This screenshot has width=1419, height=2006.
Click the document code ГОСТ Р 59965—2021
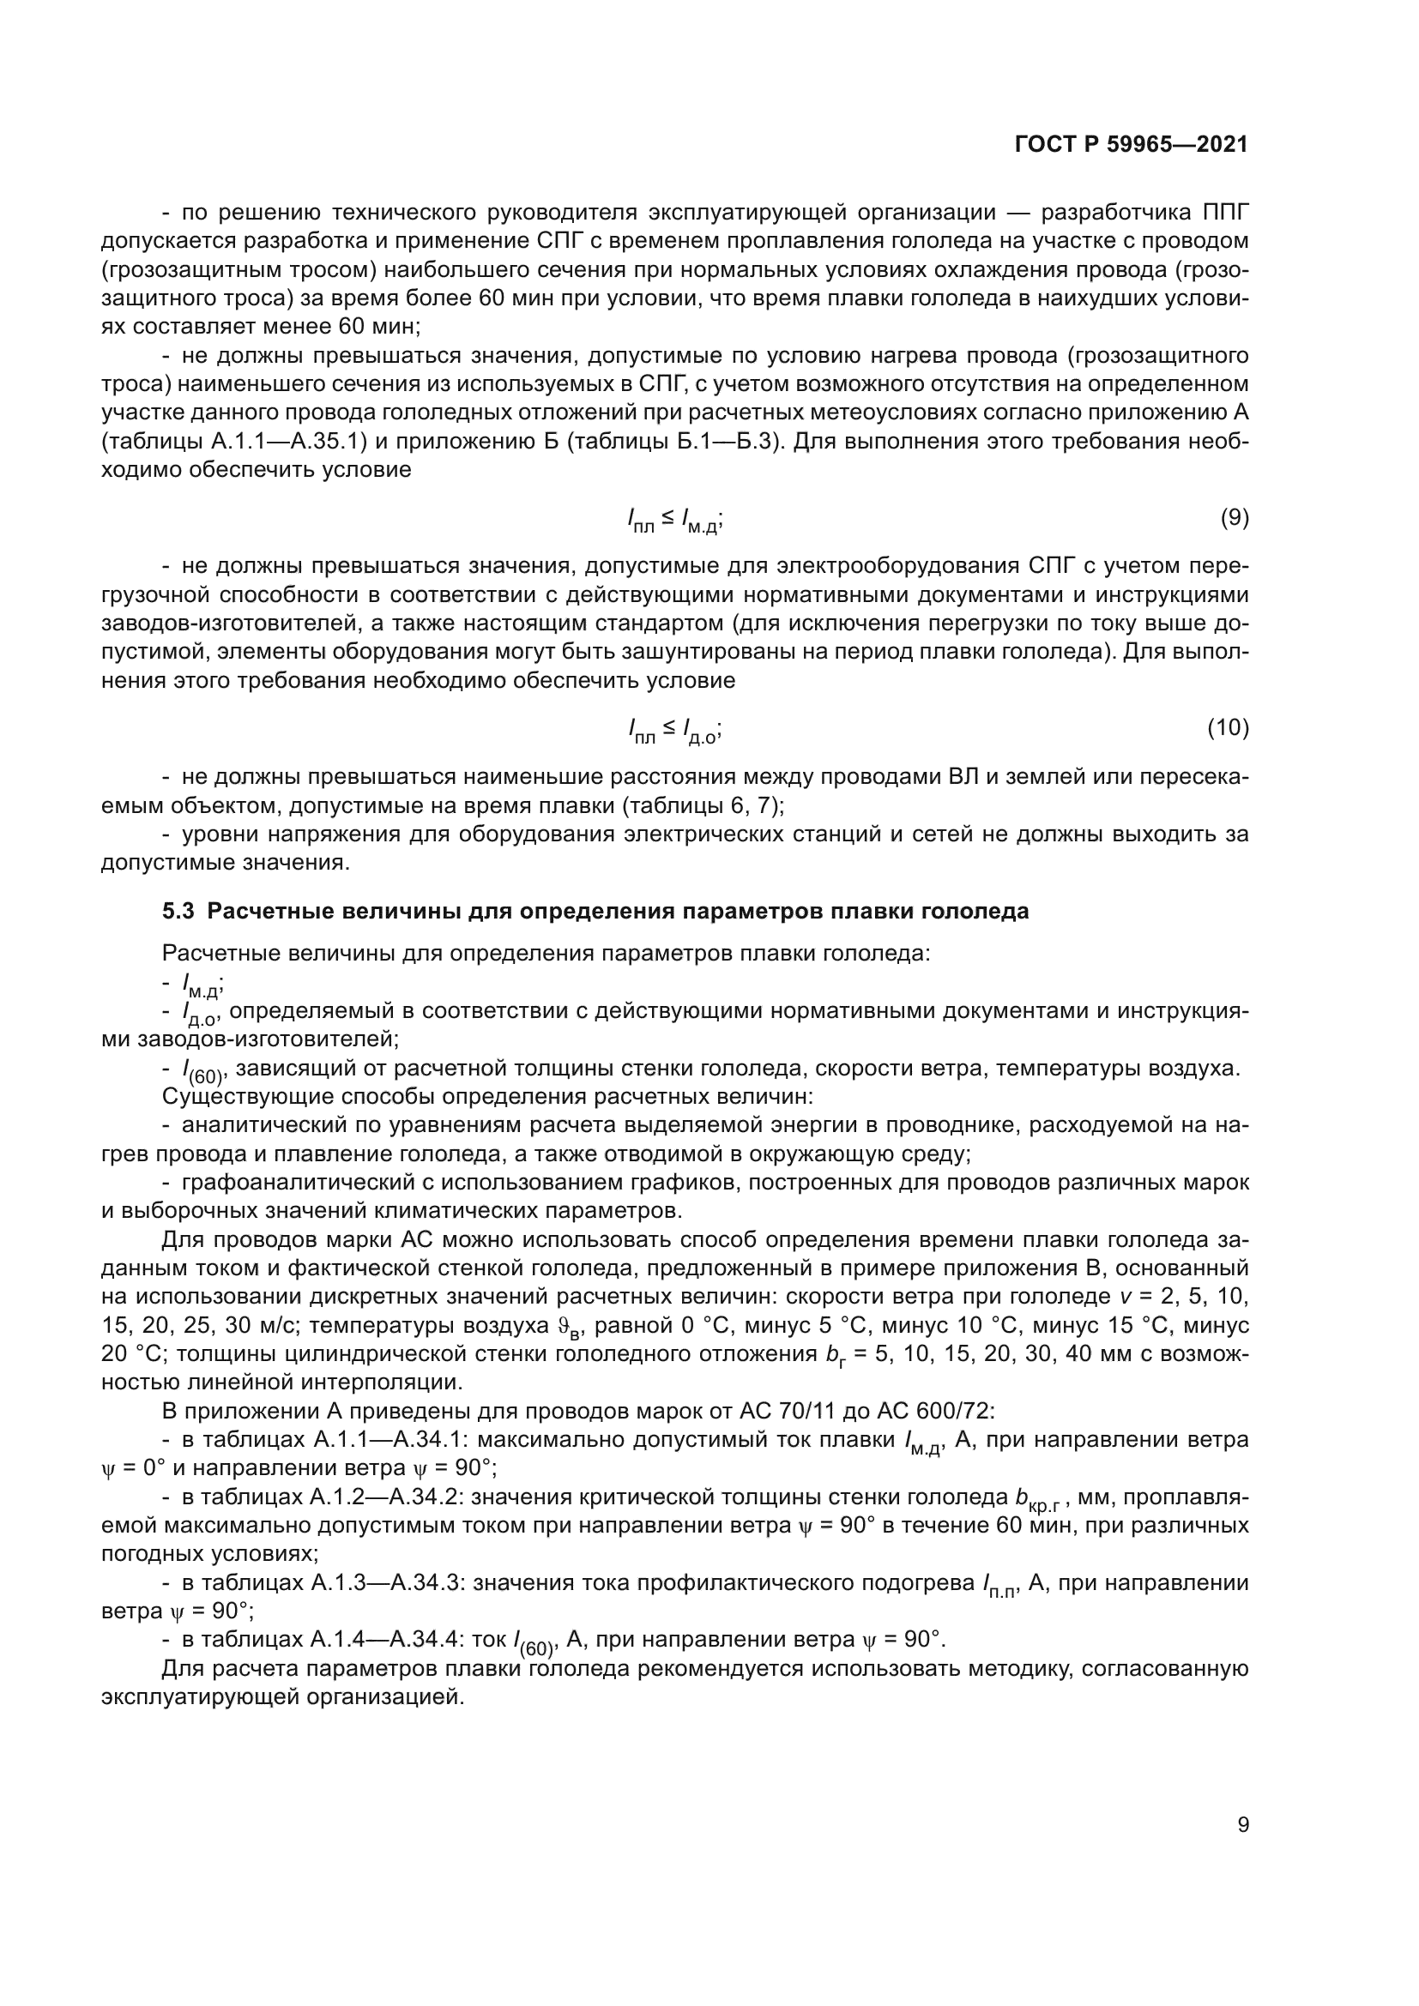[1131, 146]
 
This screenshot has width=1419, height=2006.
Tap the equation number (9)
[1234, 517]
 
